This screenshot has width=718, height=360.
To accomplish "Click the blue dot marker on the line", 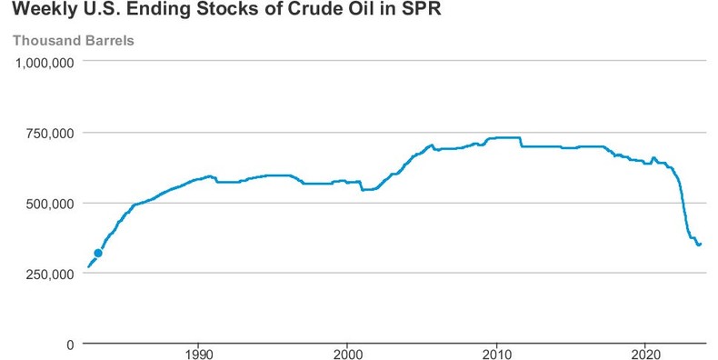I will click(98, 254).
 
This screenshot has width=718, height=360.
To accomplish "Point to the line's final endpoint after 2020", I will click(701, 243).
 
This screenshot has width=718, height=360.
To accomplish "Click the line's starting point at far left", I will click(87, 267).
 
